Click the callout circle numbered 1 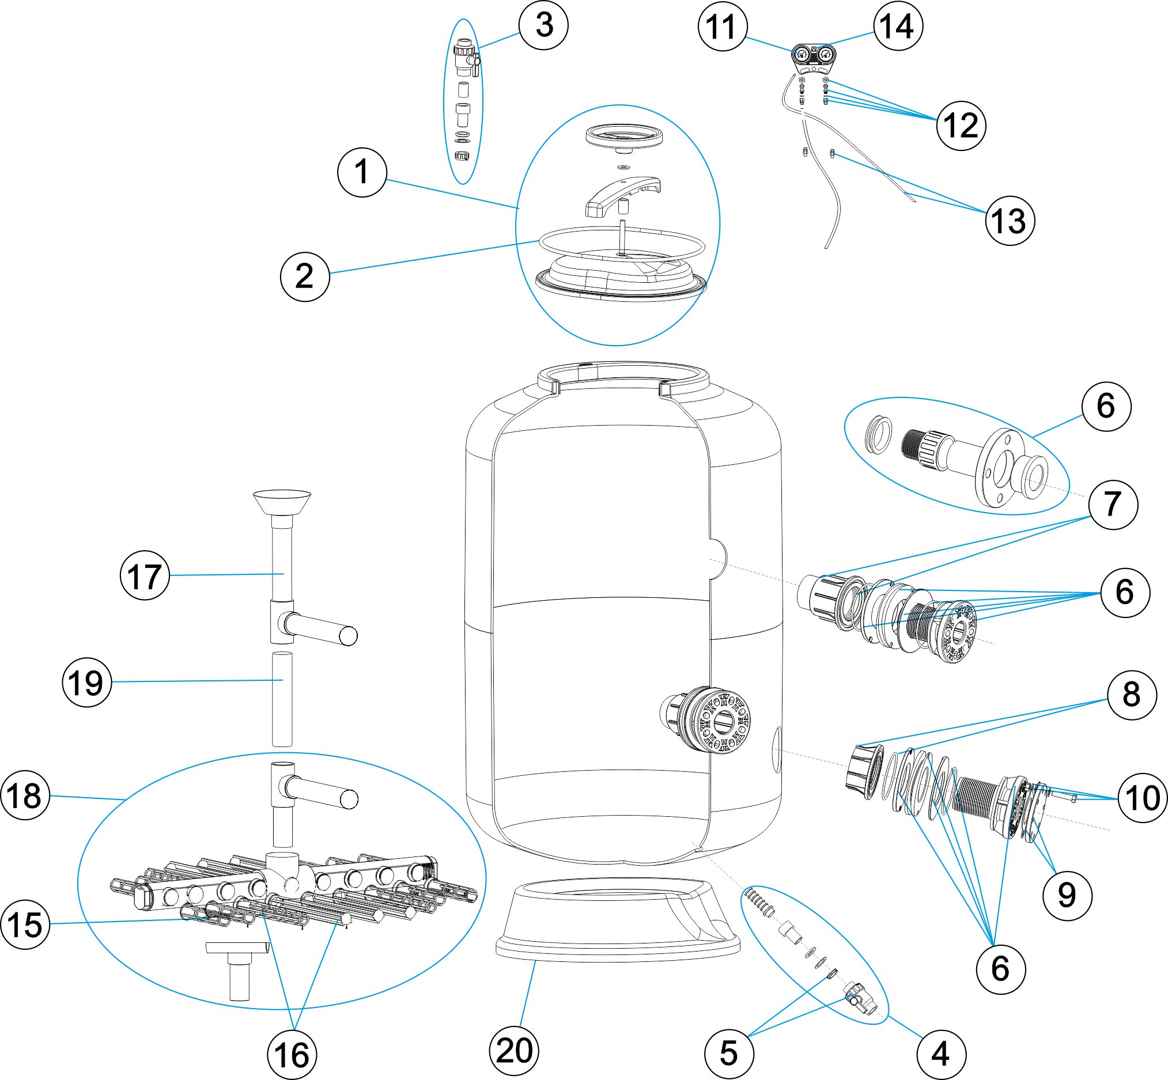(362, 172)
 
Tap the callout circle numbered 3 (543, 25)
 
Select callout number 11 (723, 27)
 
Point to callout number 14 (898, 26)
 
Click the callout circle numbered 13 (1010, 221)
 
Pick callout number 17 (145, 575)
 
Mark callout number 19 (86, 683)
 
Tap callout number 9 (1067, 895)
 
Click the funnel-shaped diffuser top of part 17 (282, 502)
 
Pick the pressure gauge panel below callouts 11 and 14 (813, 58)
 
